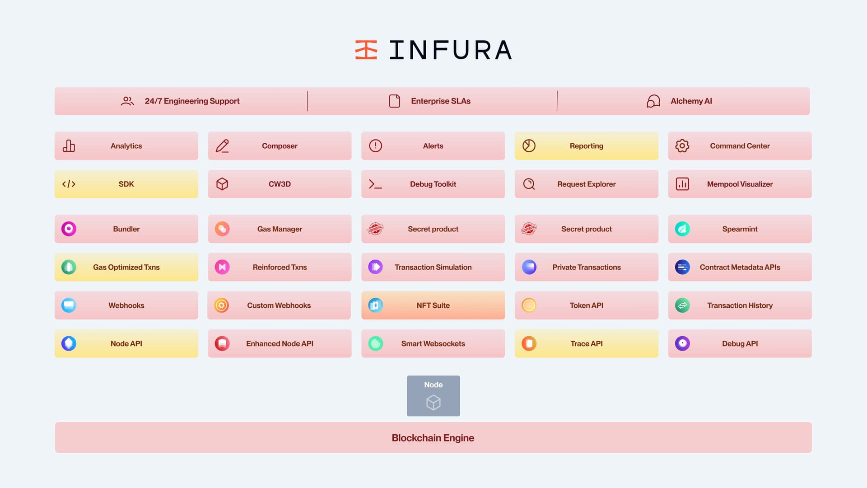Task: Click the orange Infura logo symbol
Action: (366, 50)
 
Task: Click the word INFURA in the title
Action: (450, 50)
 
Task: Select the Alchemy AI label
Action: (691, 101)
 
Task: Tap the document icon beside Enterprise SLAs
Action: (394, 101)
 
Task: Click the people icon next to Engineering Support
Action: (127, 101)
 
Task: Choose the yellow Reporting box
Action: (586, 146)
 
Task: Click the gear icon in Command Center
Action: (682, 146)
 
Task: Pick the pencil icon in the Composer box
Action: (222, 146)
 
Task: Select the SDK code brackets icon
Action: (69, 184)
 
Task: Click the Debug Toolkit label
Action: (433, 184)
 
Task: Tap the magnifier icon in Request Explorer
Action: (529, 184)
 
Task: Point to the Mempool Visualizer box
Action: (740, 184)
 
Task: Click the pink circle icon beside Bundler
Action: (69, 229)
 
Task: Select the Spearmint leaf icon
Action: (682, 229)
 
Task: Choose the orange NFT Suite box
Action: (433, 305)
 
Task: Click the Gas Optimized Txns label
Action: (126, 267)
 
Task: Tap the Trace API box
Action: (586, 343)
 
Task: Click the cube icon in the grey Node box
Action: (433, 402)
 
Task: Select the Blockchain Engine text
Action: (433, 438)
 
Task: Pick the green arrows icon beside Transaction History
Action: (682, 305)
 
